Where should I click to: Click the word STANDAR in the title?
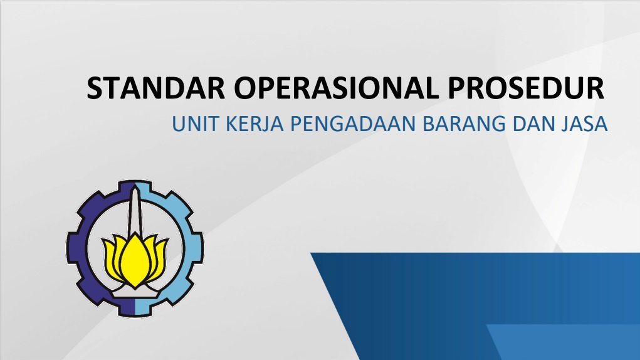click(155, 88)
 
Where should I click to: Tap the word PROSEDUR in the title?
click(526, 88)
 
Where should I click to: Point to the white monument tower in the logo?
click(134, 212)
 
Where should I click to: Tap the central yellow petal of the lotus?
click(135, 262)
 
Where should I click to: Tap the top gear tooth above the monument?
click(135, 186)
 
